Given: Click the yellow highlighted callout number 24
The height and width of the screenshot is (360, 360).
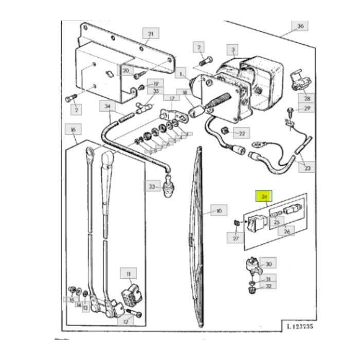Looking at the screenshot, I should tap(265, 196).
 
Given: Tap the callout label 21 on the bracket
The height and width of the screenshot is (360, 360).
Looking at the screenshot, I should tap(150, 34).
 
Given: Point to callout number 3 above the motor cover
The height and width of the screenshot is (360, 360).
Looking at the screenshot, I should tap(233, 50).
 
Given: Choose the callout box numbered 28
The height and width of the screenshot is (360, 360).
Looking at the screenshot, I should tap(307, 98).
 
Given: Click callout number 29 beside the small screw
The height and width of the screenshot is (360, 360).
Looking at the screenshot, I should tap(307, 108).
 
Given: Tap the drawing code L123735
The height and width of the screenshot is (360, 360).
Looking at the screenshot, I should tap(298, 326).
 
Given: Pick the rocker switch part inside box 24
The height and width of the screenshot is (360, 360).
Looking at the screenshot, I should tap(255, 223).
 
